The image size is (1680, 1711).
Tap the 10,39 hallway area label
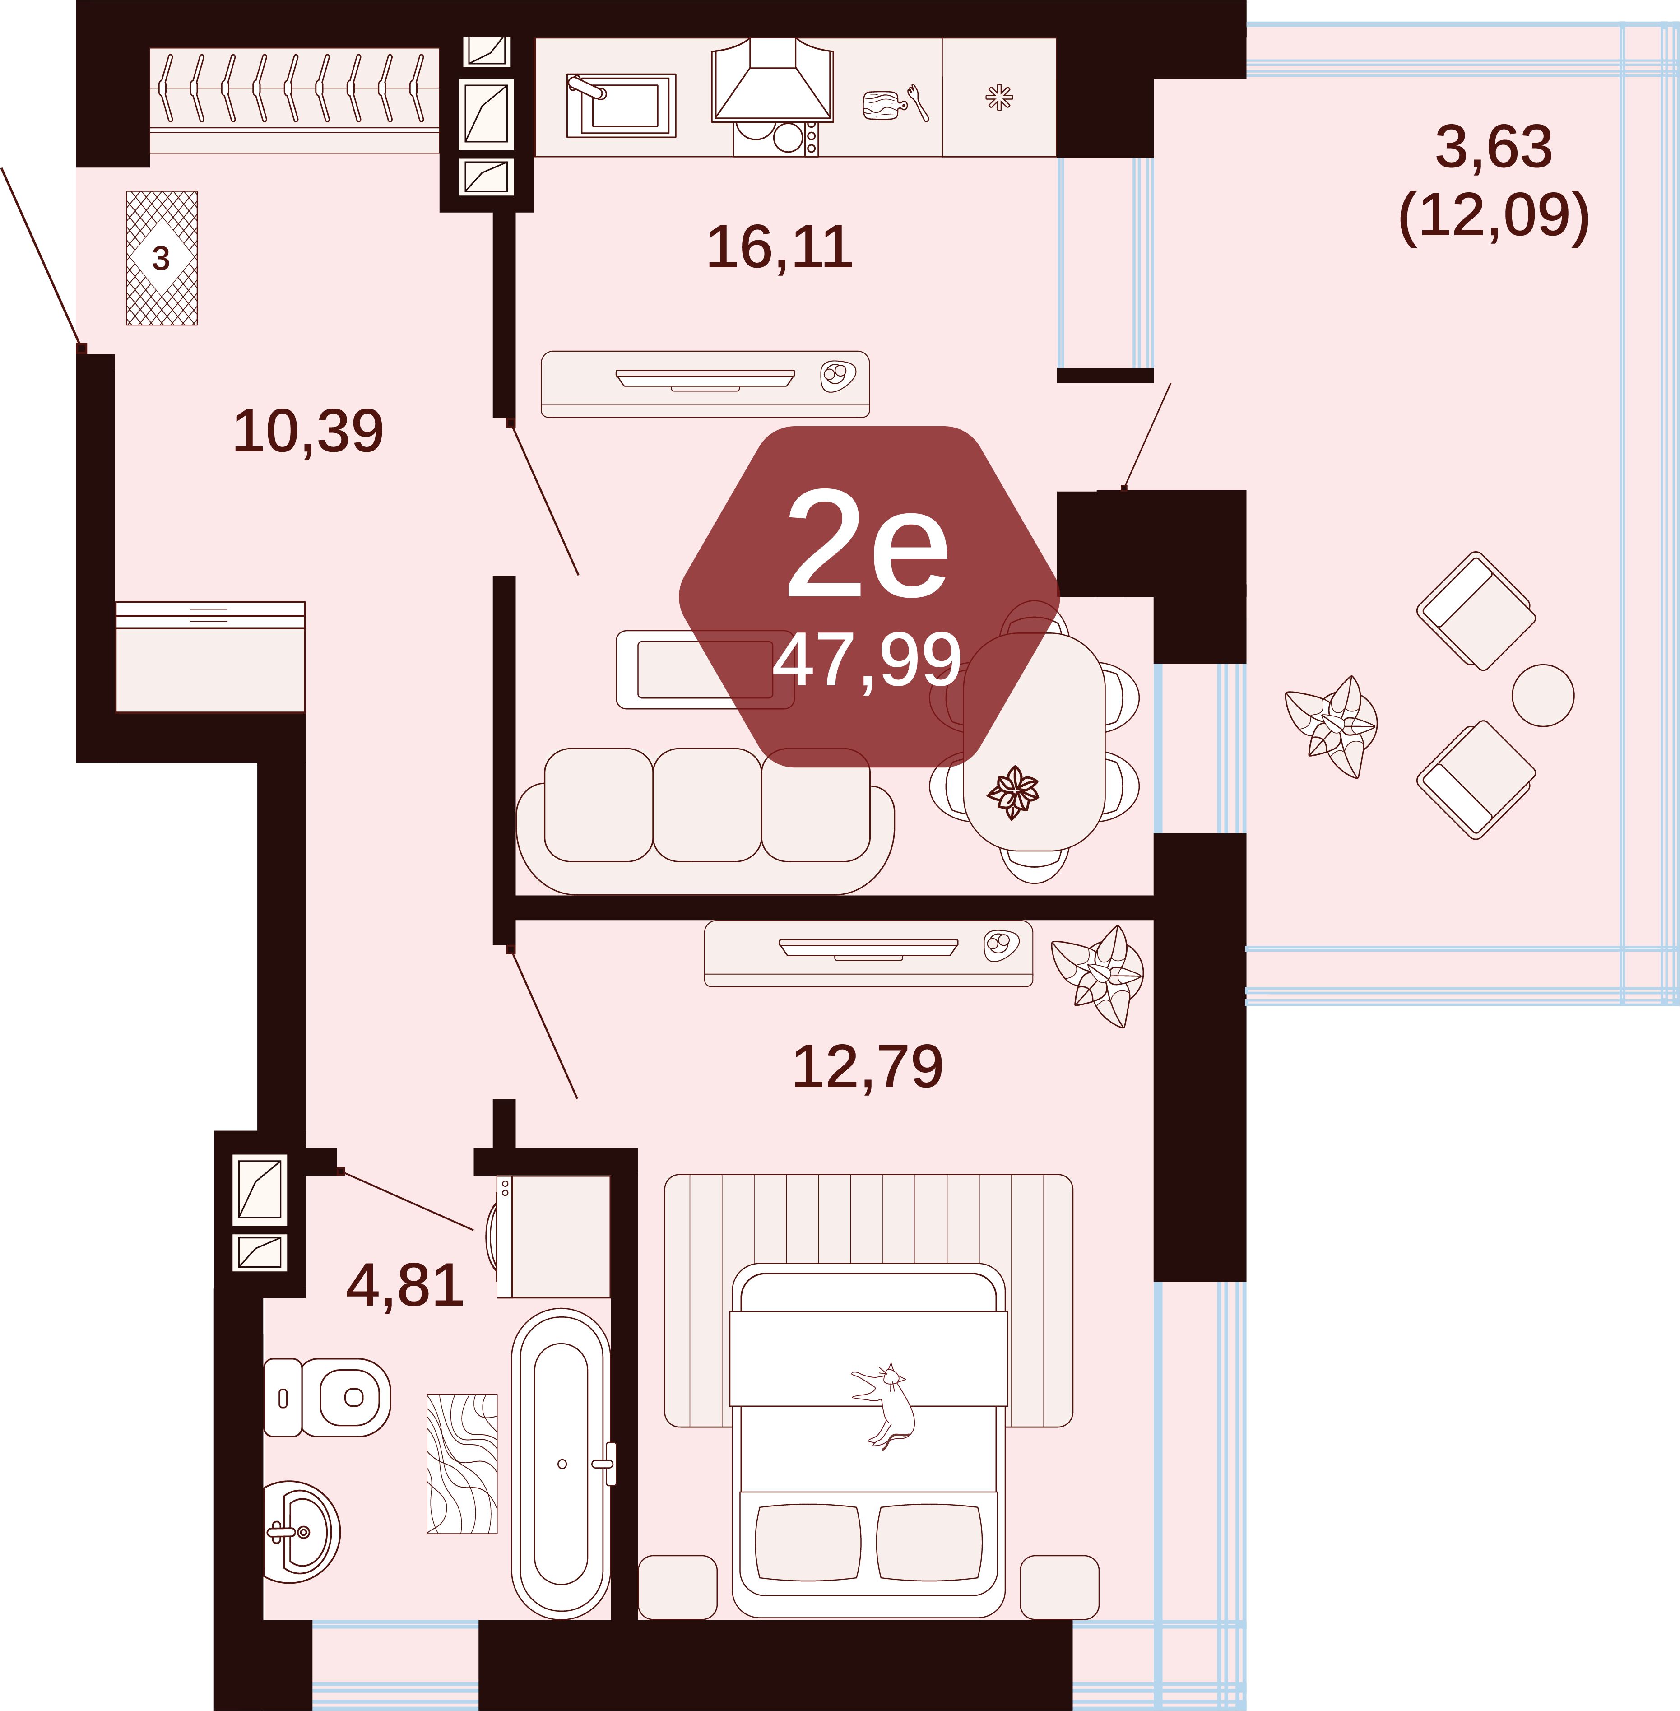click(x=308, y=432)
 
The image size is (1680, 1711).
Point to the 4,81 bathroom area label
click(x=405, y=1287)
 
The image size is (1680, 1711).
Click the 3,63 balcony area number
click(x=1494, y=146)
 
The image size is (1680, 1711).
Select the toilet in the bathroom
click(x=327, y=1398)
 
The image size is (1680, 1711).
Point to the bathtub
click(x=561, y=1464)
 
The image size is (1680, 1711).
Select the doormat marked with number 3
click(x=162, y=258)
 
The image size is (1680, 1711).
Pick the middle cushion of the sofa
click(x=707, y=805)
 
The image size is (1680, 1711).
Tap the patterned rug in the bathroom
click(x=461, y=1464)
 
